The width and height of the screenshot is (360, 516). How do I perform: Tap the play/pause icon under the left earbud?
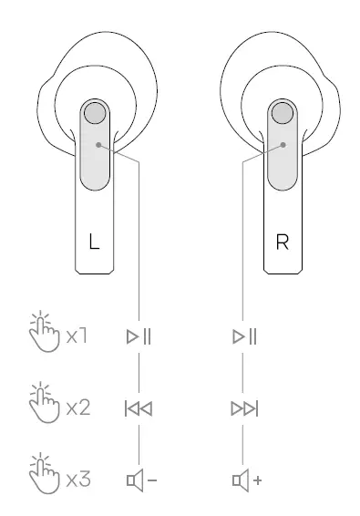point(139,337)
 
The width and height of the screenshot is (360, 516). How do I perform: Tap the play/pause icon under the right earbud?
point(243,337)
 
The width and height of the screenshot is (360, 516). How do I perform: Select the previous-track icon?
point(139,408)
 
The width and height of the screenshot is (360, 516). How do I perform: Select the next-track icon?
point(244,408)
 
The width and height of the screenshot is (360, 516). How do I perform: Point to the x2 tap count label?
point(77,408)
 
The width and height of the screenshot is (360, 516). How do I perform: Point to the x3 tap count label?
point(77,478)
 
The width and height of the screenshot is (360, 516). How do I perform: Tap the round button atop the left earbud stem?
point(95,114)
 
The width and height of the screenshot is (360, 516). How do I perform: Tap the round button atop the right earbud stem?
point(283,114)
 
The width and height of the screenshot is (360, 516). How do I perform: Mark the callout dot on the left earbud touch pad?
point(98,144)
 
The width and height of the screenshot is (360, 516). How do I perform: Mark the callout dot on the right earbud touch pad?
point(283,144)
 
